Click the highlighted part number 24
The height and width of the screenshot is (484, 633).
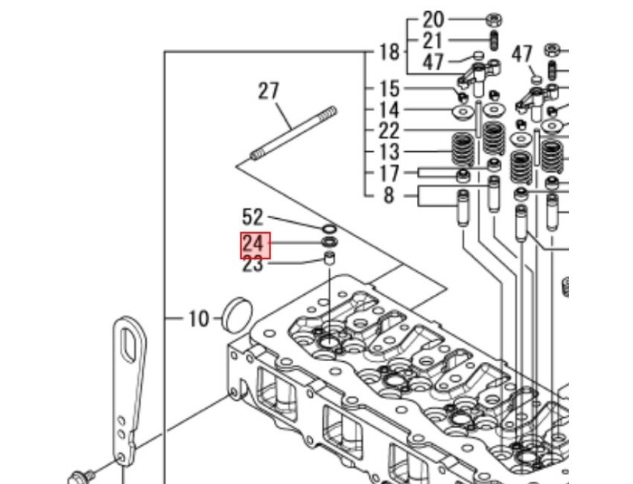[253, 243]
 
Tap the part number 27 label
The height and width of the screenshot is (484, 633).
[268, 91]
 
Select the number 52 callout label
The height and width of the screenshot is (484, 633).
[253, 217]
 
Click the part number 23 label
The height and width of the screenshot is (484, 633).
[253, 264]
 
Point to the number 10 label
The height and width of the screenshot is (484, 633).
[199, 319]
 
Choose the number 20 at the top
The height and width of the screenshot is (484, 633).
[433, 19]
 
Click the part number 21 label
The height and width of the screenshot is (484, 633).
[433, 40]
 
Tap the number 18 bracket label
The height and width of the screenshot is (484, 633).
[389, 52]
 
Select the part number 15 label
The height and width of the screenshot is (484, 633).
[389, 89]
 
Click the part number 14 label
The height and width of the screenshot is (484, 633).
[389, 110]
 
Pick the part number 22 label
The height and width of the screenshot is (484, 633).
[389, 131]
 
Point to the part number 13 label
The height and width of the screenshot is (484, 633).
[389, 153]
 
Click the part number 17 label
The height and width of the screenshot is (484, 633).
[389, 173]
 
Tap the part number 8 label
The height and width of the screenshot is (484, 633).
[389, 197]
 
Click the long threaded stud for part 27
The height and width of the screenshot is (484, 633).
[292, 134]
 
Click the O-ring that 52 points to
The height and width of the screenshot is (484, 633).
[328, 227]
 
